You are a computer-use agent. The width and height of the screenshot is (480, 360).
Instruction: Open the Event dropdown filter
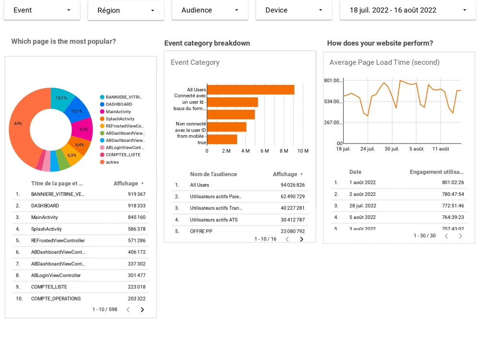pyautogui.click(x=42, y=10)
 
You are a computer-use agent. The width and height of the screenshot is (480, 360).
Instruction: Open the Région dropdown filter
pyautogui.click(x=126, y=10)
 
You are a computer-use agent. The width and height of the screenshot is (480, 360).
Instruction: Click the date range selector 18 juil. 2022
pyautogui.click(x=408, y=10)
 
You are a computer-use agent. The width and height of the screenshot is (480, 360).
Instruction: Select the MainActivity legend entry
pyautogui.click(x=118, y=111)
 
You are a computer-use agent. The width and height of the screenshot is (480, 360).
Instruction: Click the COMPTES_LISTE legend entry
pyautogui.click(x=123, y=155)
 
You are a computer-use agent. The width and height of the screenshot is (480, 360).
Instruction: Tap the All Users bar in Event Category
pyautogui.click(x=250, y=90)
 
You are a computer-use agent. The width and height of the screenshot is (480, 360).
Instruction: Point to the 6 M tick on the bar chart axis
pyautogui.click(x=264, y=151)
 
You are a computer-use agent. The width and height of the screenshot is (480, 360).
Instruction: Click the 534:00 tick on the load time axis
pyautogui.click(x=333, y=101)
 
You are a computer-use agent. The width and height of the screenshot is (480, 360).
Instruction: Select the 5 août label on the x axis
pyautogui.click(x=416, y=149)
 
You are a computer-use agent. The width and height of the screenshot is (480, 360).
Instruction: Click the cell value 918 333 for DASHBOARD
pyautogui.click(x=136, y=205)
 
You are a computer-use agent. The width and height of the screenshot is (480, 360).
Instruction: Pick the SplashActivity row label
pyautogui.click(x=47, y=229)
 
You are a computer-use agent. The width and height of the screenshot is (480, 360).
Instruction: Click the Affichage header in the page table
pyautogui.click(x=126, y=183)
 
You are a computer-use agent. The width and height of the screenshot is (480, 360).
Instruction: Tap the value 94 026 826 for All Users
pyautogui.click(x=292, y=185)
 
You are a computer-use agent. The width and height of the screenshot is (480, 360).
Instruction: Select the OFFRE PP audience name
pyautogui.click(x=201, y=231)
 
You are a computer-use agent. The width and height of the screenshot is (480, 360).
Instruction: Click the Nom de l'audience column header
pyautogui.click(x=213, y=174)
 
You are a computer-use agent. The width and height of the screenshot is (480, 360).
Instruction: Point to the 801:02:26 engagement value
pyautogui.click(x=453, y=182)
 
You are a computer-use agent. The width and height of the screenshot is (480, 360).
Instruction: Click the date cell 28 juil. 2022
pyautogui.click(x=362, y=205)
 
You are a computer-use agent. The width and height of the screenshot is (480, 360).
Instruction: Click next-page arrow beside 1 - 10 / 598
pyautogui.click(x=142, y=310)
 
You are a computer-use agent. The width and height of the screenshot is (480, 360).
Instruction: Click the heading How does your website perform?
pyautogui.click(x=380, y=43)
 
